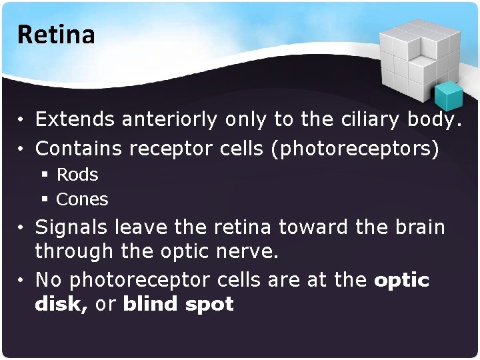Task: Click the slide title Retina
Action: (57, 35)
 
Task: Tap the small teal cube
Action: (448, 97)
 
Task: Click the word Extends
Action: (75, 119)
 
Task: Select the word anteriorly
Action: (170, 120)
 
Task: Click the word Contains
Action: (79, 148)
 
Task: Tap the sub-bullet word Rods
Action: (77, 175)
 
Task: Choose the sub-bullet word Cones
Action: (82, 199)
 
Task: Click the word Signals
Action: (72, 227)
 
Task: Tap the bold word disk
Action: (61, 304)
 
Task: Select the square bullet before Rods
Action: (45, 175)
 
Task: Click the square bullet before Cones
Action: (45, 199)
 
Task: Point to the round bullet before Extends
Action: (21, 121)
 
